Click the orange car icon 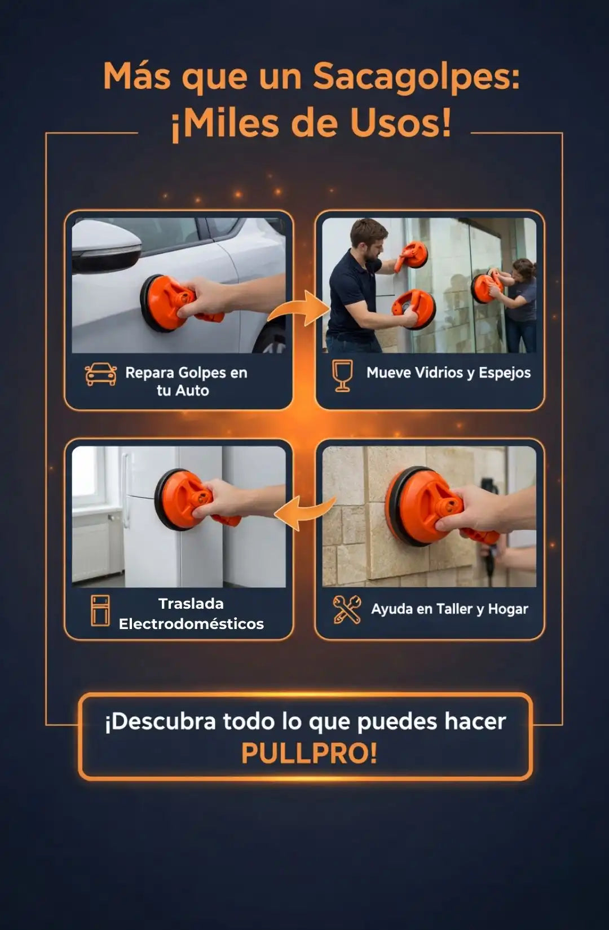tap(100, 374)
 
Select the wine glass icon tap(342, 375)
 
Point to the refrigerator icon tap(100, 610)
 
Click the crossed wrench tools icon tap(347, 609)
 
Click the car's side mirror tap(107, 246)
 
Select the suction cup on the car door tap(166, 303)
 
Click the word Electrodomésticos tap(191, 623)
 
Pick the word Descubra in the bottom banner tap(160, 721)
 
